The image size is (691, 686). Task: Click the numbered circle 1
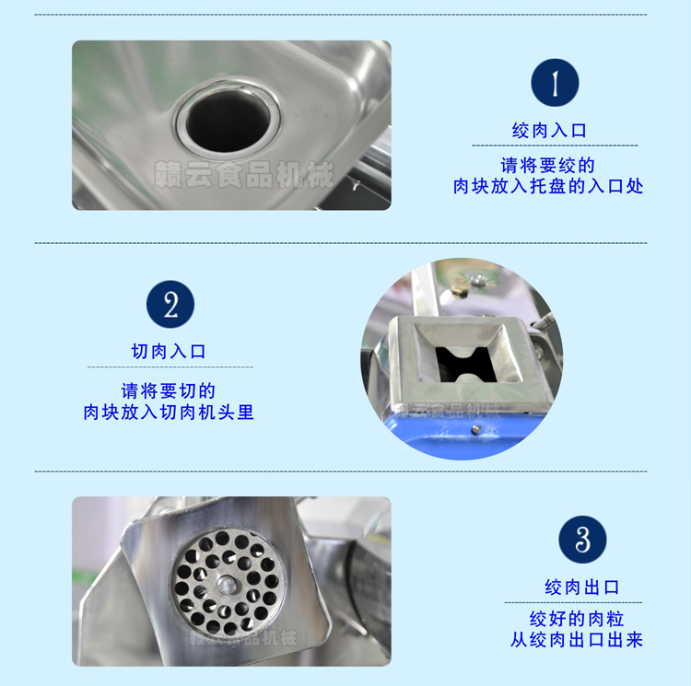click(x=555, y=83)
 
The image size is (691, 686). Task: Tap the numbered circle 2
click(x=170, y=305)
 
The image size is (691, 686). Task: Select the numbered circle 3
click(x=581, y=540)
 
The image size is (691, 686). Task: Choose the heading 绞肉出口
click(x=581, y=587)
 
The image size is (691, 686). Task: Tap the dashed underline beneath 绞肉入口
click(x=555, y=145)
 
